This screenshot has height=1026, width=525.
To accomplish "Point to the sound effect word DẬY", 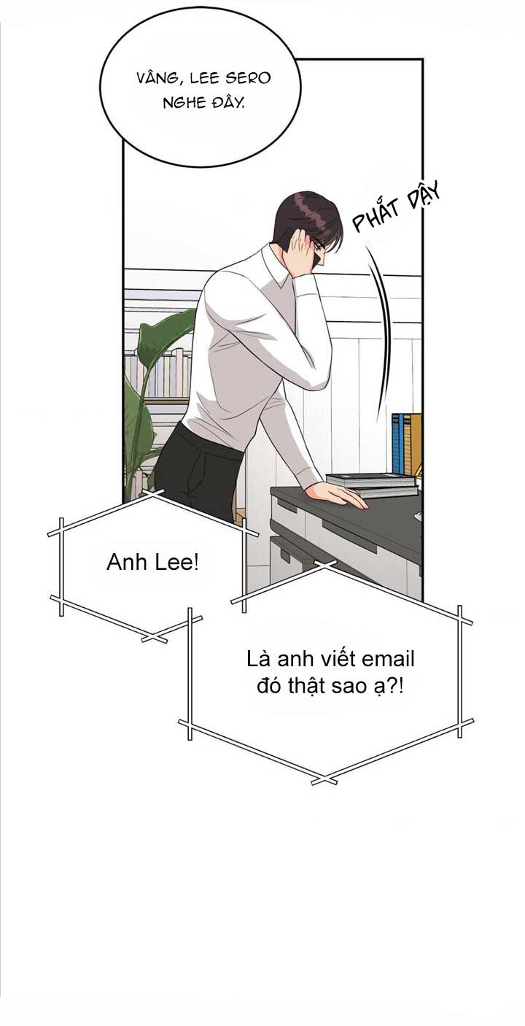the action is [424, 194].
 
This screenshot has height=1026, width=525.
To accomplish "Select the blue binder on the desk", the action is [397, 443].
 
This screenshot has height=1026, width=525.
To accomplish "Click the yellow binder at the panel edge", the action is [415, 443].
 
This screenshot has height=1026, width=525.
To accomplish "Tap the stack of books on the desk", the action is [372, 485].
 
